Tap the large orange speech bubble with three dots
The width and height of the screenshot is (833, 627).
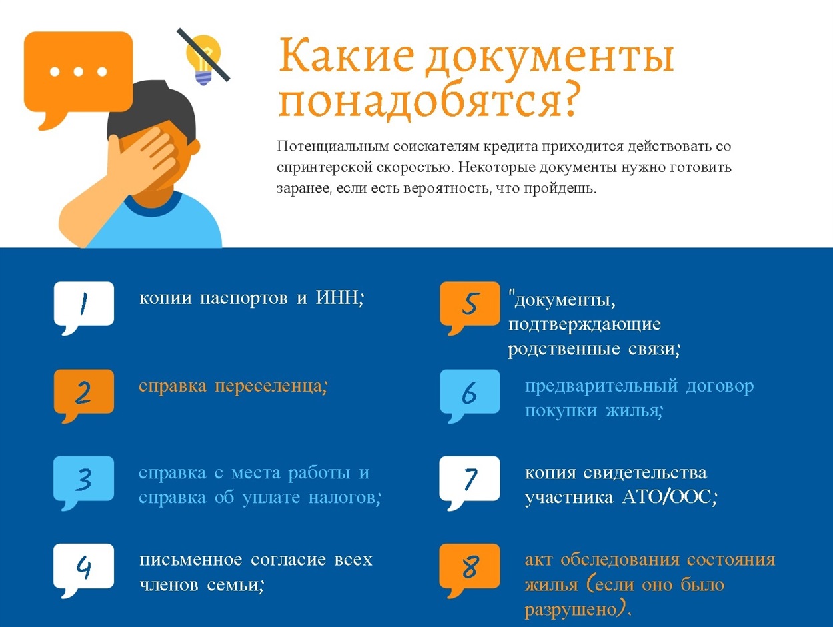(78, 76)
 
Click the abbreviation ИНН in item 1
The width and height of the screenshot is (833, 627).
(337, 297)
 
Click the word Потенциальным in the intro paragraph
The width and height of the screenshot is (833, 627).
(333, 147)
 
